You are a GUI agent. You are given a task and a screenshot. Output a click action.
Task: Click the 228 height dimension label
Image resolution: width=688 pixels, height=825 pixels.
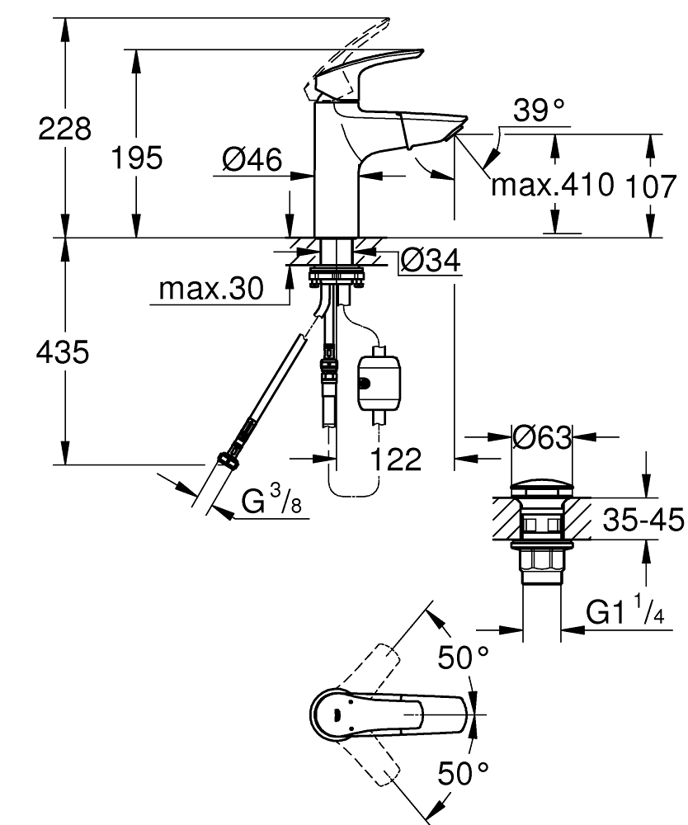pos(64,129)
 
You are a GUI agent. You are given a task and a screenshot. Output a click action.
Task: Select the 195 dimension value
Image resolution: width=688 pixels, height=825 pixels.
pos(137,158)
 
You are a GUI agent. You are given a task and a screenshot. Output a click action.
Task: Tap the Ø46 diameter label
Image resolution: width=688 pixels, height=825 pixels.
pos(252,159)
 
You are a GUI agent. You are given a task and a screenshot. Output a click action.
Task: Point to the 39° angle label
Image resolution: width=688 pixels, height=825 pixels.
pos(539,110)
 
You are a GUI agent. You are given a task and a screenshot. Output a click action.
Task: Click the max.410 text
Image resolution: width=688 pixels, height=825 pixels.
pos(552,184)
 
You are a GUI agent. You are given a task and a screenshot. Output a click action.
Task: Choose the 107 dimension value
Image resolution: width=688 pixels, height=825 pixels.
pos(650,186)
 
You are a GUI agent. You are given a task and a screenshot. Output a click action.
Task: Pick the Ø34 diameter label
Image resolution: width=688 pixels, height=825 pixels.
pos(431,259)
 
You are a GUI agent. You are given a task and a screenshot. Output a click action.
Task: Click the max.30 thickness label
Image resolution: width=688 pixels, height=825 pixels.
pos(211,289)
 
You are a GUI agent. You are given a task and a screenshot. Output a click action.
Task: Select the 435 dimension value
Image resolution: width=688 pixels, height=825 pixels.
pos(63,352)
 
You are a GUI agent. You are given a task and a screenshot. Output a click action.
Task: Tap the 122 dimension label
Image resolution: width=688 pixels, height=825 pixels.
pos(396,460)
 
